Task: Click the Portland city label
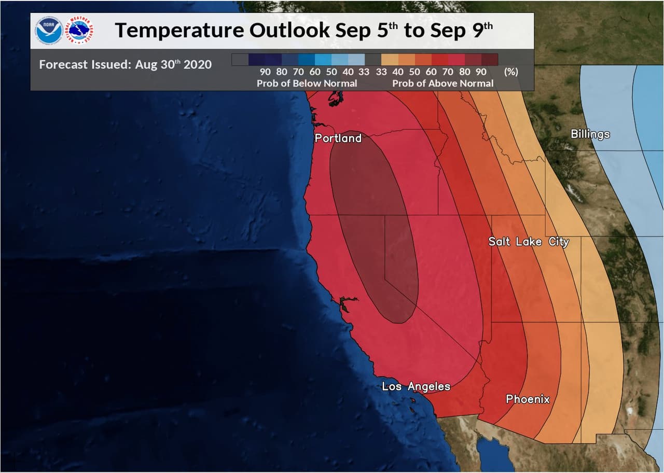point(338,138)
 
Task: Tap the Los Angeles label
point(416,386)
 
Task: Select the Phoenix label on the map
point(528,399)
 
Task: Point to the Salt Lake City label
point(529,242)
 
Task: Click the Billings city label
point(590,134)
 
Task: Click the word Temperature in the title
point(178,31)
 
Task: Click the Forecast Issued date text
point(125,64)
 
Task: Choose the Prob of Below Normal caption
point(307,83)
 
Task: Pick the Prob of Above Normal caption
point(442,83)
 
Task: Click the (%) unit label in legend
point(510,72)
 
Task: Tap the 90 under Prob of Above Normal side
point(480,72)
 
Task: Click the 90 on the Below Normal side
point(265,72)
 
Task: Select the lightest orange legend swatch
point(390,59)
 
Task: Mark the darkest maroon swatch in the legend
point(489,59)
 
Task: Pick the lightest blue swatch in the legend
point(356,59)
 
